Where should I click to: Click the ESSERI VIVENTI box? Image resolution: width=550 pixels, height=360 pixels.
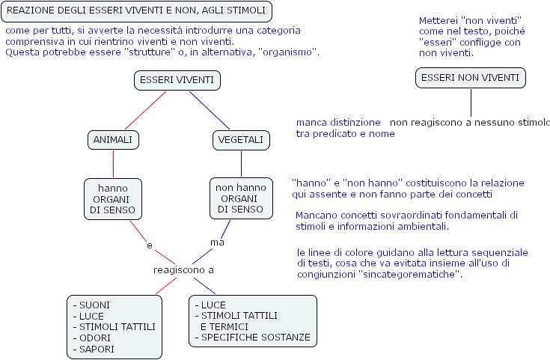pos(177,80)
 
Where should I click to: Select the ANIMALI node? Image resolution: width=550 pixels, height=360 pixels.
pos(113,140)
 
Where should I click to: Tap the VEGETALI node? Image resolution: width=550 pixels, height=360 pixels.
pos(241,140)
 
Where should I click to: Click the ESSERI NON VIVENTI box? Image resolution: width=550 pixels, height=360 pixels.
pos(471,78)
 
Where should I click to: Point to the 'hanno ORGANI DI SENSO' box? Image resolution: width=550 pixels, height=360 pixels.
pos(113,199)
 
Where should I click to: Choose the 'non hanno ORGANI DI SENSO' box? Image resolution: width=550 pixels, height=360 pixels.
pos(241,198)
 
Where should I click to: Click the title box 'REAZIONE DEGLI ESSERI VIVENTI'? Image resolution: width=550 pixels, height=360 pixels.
pos(136,11)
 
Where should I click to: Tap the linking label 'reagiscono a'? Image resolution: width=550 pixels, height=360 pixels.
pos(183,270)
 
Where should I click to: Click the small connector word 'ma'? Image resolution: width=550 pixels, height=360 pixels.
pos(217,242)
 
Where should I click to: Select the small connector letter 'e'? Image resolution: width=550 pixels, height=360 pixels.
pos(150,245)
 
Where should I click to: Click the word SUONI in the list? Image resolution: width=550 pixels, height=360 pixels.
pos(94,305)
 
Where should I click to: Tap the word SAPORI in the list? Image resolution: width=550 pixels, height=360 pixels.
pos(97,349)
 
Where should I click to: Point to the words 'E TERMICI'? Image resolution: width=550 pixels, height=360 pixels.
pos(224,326)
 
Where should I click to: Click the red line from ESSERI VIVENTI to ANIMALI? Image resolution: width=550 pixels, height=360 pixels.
pos(146,110)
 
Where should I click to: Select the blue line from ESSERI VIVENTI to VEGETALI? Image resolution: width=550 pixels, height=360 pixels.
pos(210,110)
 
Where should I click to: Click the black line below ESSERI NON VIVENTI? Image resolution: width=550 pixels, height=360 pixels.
pos(471,103)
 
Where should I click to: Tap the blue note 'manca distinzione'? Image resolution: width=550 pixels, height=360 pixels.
pos(338,123)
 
